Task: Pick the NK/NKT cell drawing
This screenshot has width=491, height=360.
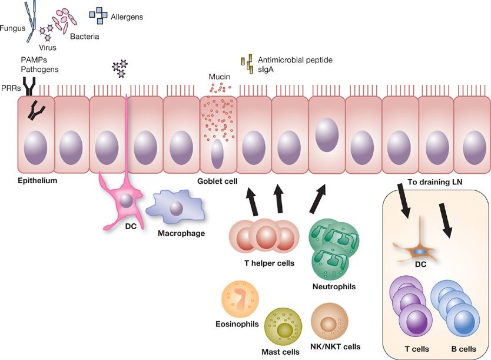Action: tap(330, 321)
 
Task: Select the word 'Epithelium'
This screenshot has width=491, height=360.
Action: tap(37, 180)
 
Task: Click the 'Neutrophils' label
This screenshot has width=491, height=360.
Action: tap(334, 287)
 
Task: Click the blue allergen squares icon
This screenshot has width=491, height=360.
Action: tap(98, 17)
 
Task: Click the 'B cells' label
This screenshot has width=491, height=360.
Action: tap(462, 349)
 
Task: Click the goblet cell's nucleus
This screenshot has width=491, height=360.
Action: tap(217, 155)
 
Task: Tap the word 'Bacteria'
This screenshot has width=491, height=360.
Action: tap(85, 37)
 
